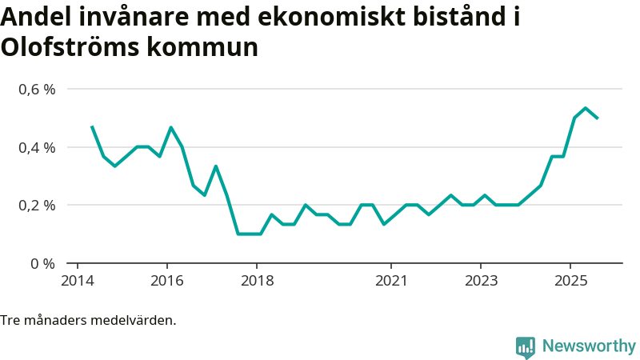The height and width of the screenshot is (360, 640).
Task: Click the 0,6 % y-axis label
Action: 38,89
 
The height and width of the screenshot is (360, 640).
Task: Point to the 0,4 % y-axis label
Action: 38,147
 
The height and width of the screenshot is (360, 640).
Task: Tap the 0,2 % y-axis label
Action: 38,205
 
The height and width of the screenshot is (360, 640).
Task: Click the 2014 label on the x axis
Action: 77,281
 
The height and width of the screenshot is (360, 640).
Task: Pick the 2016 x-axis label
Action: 166,281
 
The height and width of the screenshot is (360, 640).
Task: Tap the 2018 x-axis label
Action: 256,281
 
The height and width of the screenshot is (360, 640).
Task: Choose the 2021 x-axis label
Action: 390,281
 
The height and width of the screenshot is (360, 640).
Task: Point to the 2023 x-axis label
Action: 480,281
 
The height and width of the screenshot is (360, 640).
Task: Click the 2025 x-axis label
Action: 570,281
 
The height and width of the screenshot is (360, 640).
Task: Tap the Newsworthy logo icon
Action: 526,347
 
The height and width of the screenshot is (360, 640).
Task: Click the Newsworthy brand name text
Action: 589,346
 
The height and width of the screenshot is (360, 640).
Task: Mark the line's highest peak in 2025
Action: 586,108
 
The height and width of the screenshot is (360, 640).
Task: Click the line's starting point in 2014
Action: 92,126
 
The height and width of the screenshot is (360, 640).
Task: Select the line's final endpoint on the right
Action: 598,118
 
